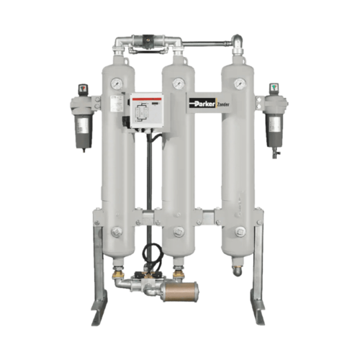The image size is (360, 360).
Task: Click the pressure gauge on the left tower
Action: pos(116,84)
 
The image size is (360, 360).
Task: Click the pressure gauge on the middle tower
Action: pos(176,84)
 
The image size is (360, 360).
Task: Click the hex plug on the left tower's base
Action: pos(116,232)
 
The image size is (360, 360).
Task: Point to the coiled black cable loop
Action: pos(150,253)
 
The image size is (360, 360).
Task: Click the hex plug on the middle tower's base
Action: pos(176,232)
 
